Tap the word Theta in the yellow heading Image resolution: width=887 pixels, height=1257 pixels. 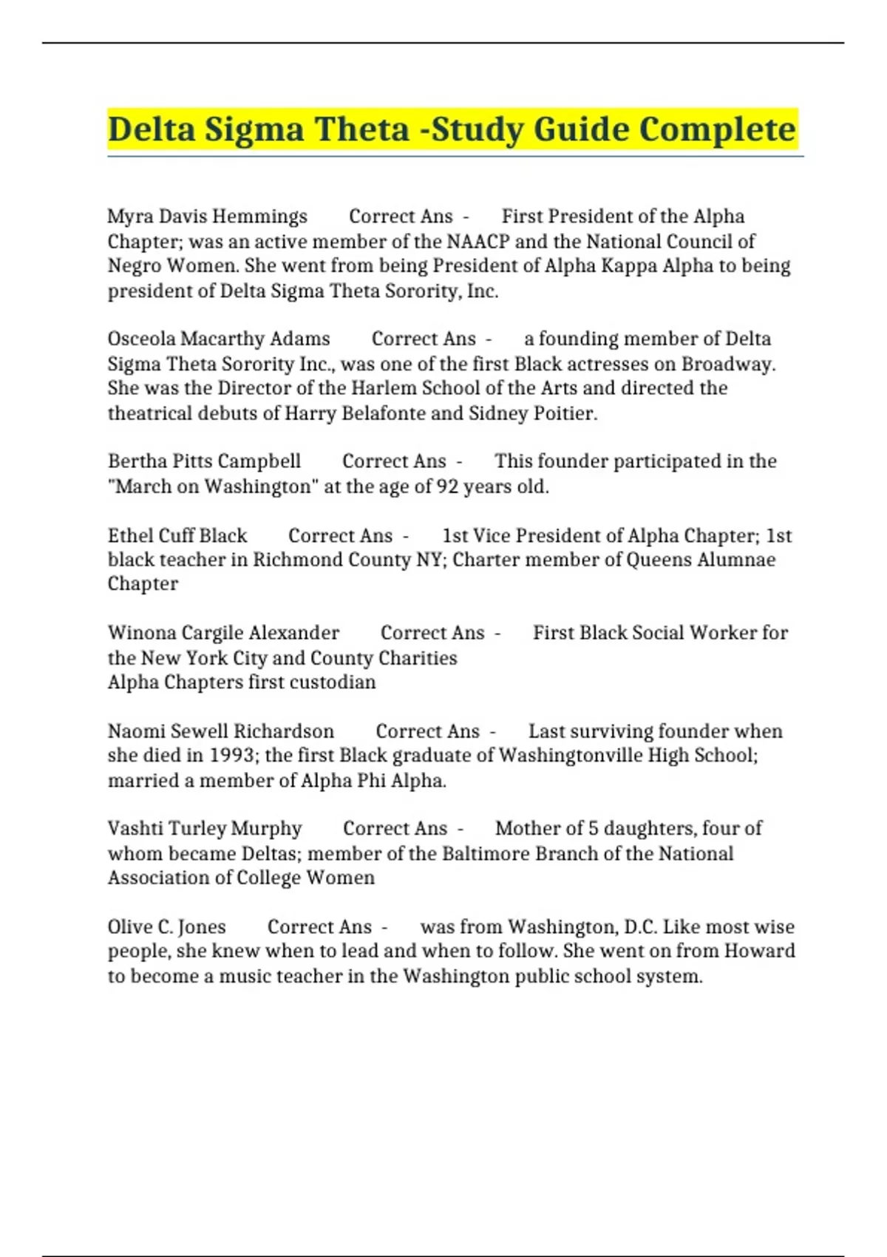[x=363, y=129]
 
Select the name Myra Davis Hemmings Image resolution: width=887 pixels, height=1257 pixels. [x=207, y=217]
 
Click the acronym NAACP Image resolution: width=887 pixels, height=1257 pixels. [x=478, y=242]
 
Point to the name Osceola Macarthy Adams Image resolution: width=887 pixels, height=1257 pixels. [x=219, y=339]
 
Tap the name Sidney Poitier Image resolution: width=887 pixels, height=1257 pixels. [x=532, y=413]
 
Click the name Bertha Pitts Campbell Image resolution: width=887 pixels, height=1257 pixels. [x=204, y=461]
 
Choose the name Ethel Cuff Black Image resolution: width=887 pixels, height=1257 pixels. [x=177, y=535]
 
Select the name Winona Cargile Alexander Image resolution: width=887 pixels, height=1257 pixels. [x=223, y=633]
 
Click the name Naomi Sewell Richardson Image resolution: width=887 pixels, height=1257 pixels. [x=221, y=731]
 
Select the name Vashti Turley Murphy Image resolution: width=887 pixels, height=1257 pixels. [x=205, y=828]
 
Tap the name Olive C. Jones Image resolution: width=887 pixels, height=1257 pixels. [x=167, y=926]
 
